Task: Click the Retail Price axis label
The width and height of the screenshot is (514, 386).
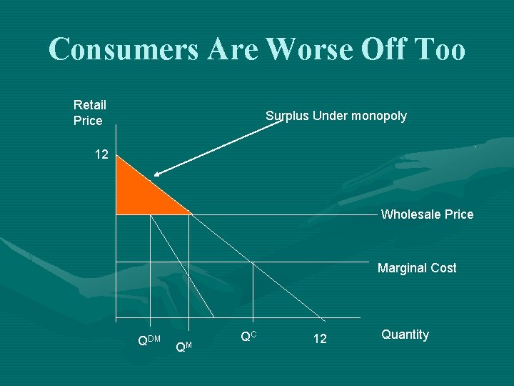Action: click(89, 113)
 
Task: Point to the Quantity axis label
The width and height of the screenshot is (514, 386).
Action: click(405, 335)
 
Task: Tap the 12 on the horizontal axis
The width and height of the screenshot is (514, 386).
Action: click(320, 339)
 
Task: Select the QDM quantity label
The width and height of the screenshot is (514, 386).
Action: click(148, 339)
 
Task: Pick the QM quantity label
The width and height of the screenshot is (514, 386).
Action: click(183, 346)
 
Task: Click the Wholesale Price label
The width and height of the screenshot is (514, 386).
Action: click(427, 214)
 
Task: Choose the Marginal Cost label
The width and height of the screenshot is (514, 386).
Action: click(417, 268)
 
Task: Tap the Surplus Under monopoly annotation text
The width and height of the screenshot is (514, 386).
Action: click(336, 116)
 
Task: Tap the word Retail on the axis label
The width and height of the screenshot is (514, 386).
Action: click(89, 105)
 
